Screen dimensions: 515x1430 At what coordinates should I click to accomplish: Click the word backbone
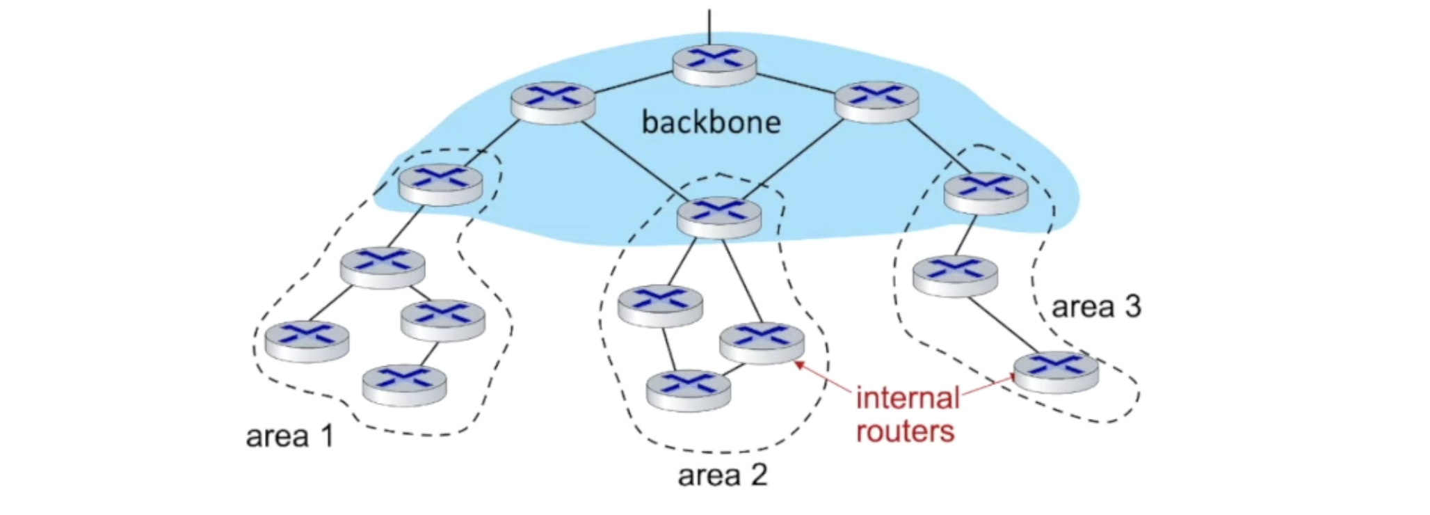711,122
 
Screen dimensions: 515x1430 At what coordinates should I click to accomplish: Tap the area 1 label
290,436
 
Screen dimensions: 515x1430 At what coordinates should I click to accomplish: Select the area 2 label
723,475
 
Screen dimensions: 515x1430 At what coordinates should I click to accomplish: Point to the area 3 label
1096,306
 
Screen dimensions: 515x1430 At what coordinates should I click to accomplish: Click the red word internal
908,398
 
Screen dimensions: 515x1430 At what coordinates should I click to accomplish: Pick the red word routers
905,431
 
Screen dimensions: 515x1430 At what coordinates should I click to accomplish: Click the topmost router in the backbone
714,65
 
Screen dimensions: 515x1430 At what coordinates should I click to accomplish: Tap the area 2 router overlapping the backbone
719,217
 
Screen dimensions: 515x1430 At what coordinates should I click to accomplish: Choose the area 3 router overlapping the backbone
986,193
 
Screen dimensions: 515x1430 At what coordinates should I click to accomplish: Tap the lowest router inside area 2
689,390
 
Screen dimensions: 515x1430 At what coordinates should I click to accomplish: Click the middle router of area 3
955,276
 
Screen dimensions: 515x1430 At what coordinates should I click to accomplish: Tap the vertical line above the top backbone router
709,26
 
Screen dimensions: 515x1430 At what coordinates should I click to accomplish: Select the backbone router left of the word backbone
553,103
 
